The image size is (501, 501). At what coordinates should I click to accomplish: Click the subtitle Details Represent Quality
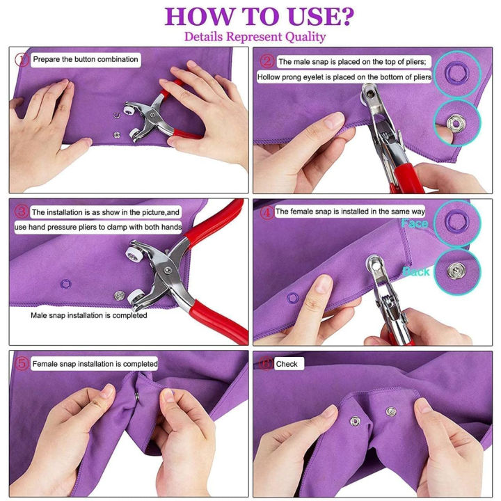pyautogui.click(x=255, y=36)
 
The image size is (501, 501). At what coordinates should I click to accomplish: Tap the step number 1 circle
pyautogui.click(x=21, y=60)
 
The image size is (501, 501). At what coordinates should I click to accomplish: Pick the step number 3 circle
pyautogui.click(x=21, y=212)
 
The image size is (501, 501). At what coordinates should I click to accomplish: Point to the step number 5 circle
pyautogui.click(x=21, y=363)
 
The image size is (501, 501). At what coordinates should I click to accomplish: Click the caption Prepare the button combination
pyautogui.click(x=86, y=60)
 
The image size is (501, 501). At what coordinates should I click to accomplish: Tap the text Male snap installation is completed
pyautogui.click(x=89, y=315)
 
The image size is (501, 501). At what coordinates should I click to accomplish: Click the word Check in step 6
pyautogui.click(x=287, y=363)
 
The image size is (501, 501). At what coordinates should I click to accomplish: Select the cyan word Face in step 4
pyautogui.click(x=415, y=223)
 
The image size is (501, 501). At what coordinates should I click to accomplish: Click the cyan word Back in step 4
pyautogui.click(x=416, y=272)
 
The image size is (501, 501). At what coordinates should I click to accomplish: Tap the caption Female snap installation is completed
pyautogui.click(x=95, y=363)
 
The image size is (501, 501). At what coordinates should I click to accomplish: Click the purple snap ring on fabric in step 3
pyautogui.click(x=67, y=283)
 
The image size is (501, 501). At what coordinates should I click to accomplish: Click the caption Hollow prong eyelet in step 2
pyautogui.click(x=344, y=77)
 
